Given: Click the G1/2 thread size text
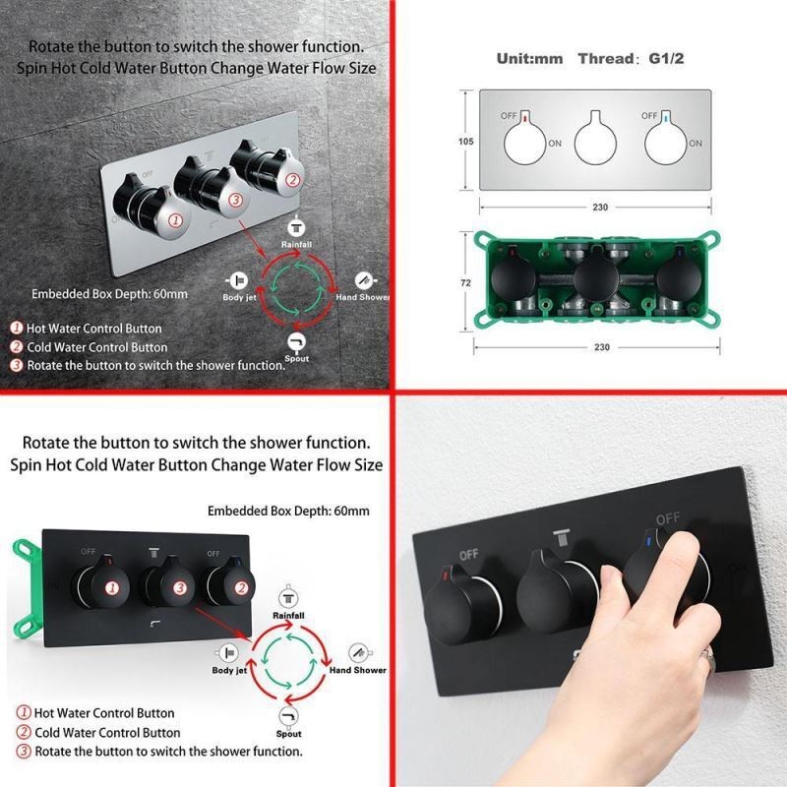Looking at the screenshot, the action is [x=666, y=59].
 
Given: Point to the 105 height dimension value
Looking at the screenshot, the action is [x=465, y=142].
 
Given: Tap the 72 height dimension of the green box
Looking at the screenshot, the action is [x=465, y=283].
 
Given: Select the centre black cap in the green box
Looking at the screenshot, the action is [x=596, y=279].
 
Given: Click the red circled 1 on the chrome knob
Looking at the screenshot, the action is [x=175, y=219].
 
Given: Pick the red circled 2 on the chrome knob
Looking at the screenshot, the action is [x=292, y=180].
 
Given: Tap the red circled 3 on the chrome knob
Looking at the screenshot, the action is [x=235, y=201].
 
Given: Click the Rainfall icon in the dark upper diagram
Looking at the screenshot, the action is [x=296, y=228].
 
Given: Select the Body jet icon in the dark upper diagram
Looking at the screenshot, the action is [x=237, y=280].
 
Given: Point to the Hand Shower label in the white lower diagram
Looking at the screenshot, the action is [x=357, y=670].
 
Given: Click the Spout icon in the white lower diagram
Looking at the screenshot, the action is [x=288, y=716].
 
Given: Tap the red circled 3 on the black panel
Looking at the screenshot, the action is [x=180, y=587].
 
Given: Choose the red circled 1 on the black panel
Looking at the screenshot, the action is [x=111, y=587].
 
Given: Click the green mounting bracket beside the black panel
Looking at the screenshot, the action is [x=27, y=588].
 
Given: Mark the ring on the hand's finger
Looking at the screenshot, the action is [x=708, y=659].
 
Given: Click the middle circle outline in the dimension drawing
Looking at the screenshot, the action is [x=595, y=142].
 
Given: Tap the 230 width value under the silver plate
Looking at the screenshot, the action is [x=600, y=207].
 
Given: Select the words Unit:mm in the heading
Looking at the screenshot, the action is [x=529, y=59].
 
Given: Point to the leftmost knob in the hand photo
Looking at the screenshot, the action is [x=460, y=606].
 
